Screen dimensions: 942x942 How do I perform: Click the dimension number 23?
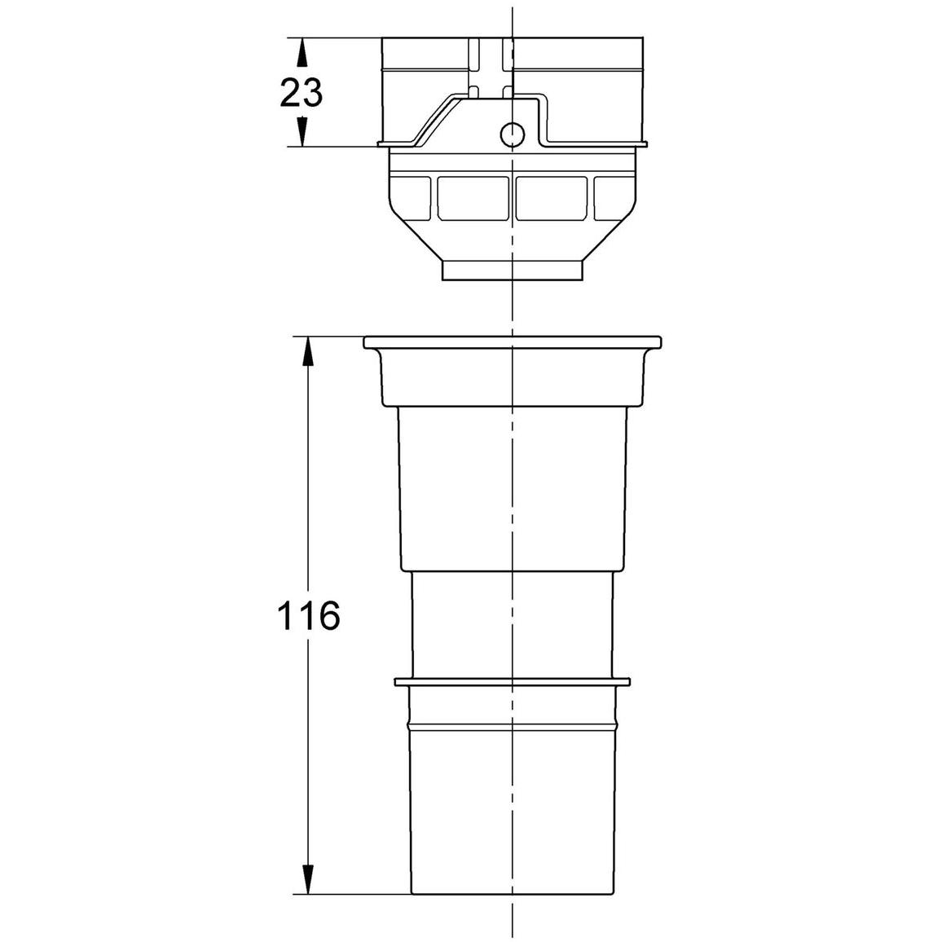pos(301,93)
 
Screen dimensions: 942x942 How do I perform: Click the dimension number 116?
pos(308,616)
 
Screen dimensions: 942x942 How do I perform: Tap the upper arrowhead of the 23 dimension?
pos(302,51)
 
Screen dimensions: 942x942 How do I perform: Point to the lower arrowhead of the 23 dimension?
pos(302,131)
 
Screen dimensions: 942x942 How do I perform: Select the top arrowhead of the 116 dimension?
pos(307,350)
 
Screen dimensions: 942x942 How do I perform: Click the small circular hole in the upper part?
pos(513,134)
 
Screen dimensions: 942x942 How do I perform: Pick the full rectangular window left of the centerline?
pos(473,198)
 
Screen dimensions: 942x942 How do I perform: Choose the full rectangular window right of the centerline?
pos(552,198)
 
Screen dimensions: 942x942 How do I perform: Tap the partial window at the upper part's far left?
pos(411,198)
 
